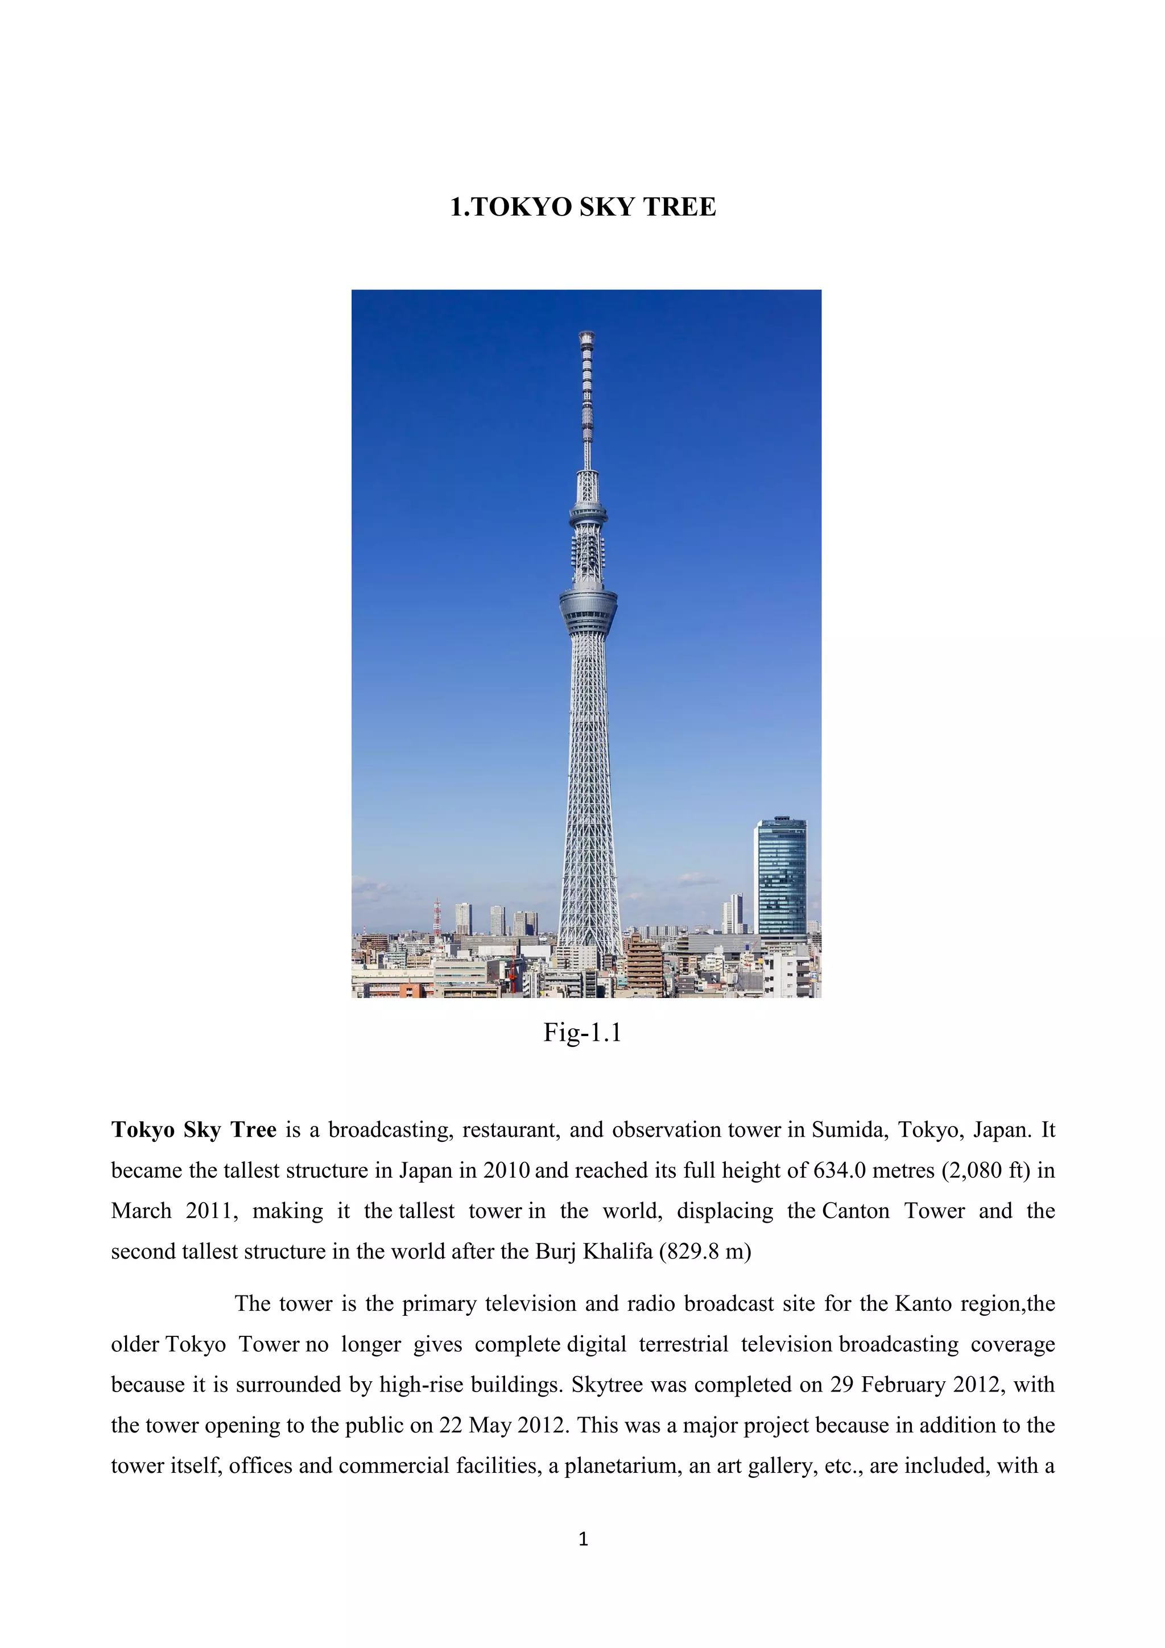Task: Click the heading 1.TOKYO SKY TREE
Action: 582,207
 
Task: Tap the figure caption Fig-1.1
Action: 582,1032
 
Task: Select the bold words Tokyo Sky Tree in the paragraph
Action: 194,1130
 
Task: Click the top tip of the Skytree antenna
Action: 586,334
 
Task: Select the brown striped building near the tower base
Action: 645,966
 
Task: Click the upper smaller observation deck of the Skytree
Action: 588,512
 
